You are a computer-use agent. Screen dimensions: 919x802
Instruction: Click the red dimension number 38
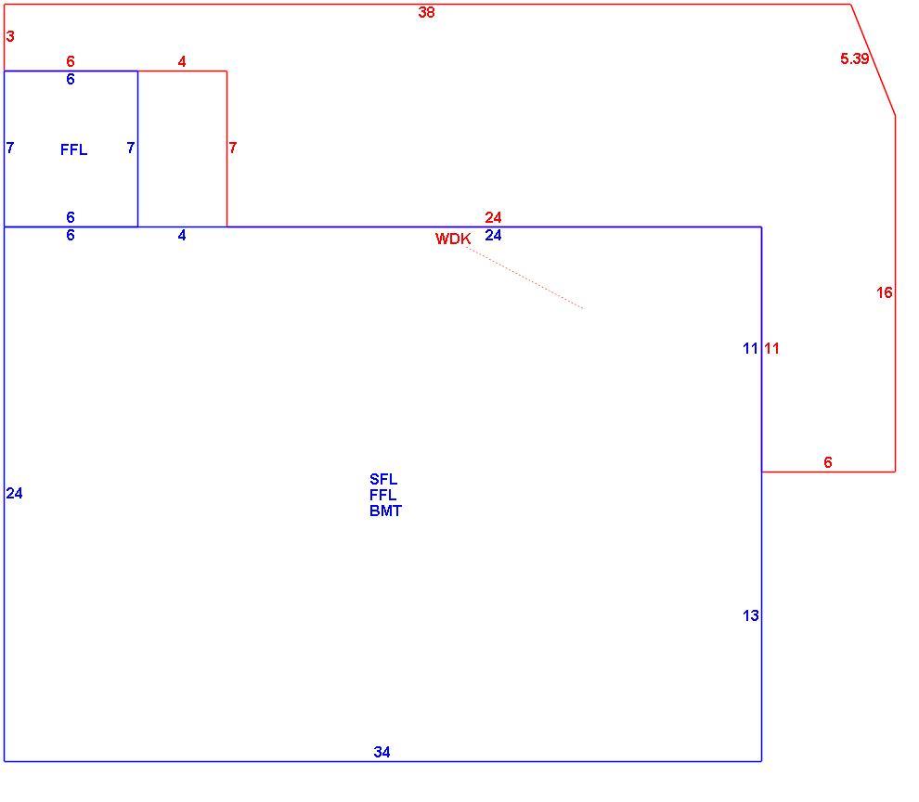click(x=426, y=12)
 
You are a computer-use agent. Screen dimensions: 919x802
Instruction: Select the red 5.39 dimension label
click(x=855, y=58)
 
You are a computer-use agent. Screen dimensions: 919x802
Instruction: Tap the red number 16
click(x=884, y=292)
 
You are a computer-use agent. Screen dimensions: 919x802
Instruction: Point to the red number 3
click(x=10, y=36)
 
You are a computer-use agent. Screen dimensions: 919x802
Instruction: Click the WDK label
click(x=453, y=239)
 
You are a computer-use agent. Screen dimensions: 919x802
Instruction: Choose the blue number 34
click(x=382, y=752)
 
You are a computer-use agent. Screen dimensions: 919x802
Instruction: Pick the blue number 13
click(x=750, y=615)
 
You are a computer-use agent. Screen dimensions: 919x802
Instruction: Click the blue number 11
click(x=750, y=348)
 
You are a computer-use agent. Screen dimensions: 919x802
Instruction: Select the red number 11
click(x=772, y=348)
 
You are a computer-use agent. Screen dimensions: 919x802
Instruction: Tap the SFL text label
click(x=383, y=479)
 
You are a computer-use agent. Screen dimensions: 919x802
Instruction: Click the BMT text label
click(x=385, y=511)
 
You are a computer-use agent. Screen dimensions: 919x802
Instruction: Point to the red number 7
click(x=233, y=148)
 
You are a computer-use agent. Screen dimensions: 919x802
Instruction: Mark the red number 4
click(x=182, y=61)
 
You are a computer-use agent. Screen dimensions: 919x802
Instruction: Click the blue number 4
click(x=182, y=235)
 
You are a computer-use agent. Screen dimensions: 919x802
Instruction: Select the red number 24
click(x=493, y=217)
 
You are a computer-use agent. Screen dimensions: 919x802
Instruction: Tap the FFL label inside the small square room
click(x=74, y=149)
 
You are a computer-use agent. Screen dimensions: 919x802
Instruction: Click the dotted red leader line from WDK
click(x=524, y=278)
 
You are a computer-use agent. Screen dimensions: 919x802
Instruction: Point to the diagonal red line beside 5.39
click(x=873, y=59)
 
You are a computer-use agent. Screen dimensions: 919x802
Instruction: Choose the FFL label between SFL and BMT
click(x=382, y=495)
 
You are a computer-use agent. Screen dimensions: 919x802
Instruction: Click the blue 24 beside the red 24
click(x=493, y=235)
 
